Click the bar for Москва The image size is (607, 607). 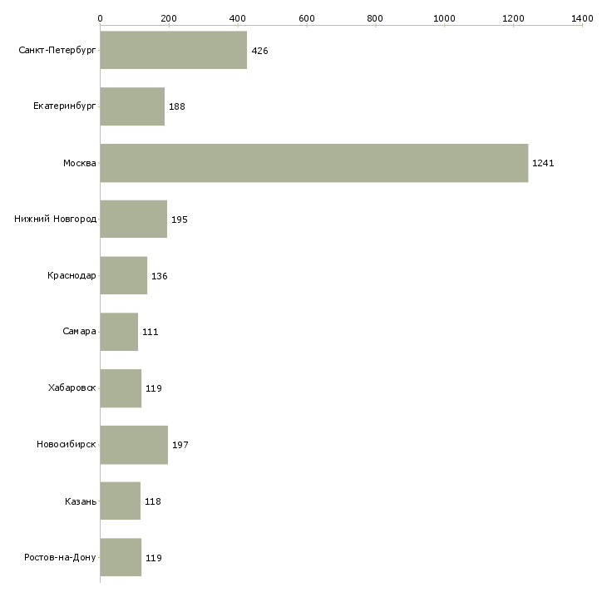(x=314, y=163)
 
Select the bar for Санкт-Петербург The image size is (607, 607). (x=174, y=50)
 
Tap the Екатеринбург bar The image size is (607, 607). (x=132, y=106)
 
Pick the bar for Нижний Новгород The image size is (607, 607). (x=134, y=220)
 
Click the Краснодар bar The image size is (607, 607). (x=124, y=275)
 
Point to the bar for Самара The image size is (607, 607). (x=119, y=332)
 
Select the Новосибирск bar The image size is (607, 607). (x=134, y=445)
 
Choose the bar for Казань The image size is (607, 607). (x=121, y=501)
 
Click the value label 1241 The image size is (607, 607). (x=543, y=163)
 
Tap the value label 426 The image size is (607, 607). (x=259, y=51)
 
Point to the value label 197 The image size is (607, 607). (x=180, y=446)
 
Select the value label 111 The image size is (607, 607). (x=151, y=333)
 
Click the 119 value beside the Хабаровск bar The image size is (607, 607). (x=154, y=389)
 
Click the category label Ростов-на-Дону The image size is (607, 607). (x=61, y=557)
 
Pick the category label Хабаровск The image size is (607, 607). (x=72, y=388)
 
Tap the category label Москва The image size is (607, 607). (x=80, y=163)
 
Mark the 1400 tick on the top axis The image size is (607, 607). (x=582, y=17)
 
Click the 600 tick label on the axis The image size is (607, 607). (x=307, y=17)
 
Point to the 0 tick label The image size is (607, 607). (x=101, y=17)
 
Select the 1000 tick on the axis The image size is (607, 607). (x=444, y=17)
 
